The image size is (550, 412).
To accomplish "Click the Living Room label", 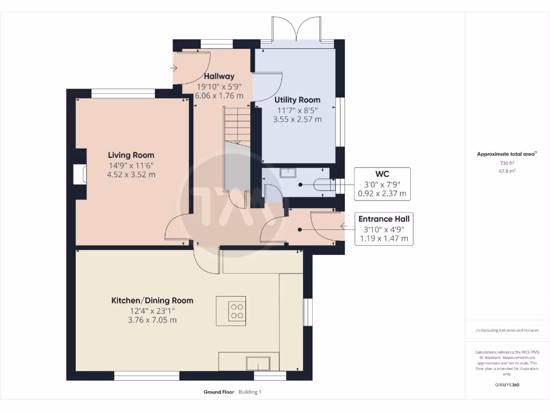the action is pyautogui.click(x=131, y=155).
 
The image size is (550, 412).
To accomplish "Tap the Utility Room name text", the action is pyautogui.click(x=297, y=100).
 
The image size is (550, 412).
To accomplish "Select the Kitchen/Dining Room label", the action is pyautogui.click(x=152, y=300).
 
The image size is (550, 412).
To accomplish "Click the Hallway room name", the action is pyautogui.click(x=219, y=76).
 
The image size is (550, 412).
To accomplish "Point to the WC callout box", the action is pyautogui.click(x=382, y=184).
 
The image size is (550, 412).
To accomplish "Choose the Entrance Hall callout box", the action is pyautogui.click(x=383, y=229).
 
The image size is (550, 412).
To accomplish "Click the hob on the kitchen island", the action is pyautogui.click(x=237, y=311).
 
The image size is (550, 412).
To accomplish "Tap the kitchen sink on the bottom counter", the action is pyautogui.click(x=258, y=363).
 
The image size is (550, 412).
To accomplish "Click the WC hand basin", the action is pyautogui.click(x=288, y=173).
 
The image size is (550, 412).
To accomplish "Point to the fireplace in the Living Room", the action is pyautogui.click(x=80, y=174).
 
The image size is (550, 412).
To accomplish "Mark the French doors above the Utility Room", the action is pyautogui.click(x=296, y=30).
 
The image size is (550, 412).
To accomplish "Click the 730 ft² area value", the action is pyautogui.click(x=507, y=163).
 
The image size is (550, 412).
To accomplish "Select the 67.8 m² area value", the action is pyautogui.click(x=507, y=171).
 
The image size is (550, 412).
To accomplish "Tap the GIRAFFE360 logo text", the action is pyautogui.click(x=507, y=385).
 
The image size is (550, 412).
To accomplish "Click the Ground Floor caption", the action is pyautogui.click(x=219, y=392).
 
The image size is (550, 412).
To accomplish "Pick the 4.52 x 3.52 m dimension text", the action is pyautogui.click(x=131, y=174).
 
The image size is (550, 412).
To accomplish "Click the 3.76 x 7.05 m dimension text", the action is pyautogui.click(x=152, y=320).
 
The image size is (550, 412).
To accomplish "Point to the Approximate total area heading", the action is pyautogui.click(x=506, y=154).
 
